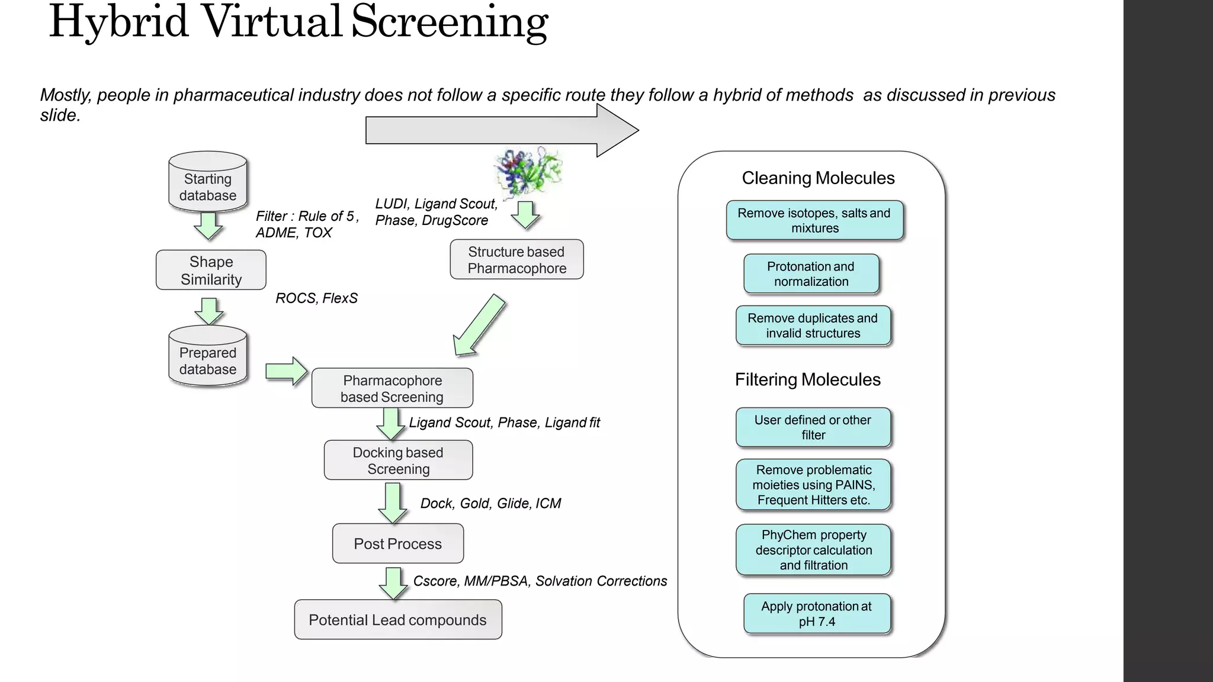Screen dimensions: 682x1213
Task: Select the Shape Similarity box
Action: coord(211,270)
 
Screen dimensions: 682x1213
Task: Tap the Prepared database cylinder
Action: coord(208,357)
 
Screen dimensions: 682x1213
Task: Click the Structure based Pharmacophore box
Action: coord(516,260)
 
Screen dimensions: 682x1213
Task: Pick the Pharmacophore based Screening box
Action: coord(392,388)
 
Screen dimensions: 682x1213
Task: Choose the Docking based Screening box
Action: coord(398,461)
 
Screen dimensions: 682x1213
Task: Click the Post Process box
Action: coord(397,543)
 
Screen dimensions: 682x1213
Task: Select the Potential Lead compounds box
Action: coord(397,620)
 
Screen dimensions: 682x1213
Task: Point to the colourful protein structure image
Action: coord(528,172)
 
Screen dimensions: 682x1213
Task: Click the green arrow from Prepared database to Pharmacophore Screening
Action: coord(287,371)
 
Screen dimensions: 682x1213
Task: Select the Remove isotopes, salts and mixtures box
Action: coord(814,220)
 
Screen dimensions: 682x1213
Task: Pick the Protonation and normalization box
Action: coord(811,274)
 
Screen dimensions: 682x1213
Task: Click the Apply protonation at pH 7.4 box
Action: coord(816,614)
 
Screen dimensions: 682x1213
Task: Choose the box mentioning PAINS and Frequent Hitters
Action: coord(813,485)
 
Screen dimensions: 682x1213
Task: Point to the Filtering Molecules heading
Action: coord(807,379)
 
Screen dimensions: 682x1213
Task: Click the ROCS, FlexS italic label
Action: coord(316,298)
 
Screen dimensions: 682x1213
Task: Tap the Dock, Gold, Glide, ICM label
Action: coord(490,503)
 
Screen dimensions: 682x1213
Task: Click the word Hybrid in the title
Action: coord(118,22)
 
